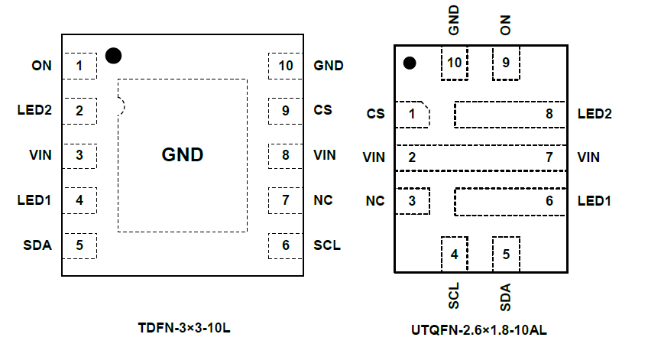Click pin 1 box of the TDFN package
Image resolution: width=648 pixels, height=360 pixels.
(79, 66)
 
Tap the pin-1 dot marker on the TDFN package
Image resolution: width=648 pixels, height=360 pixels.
(113, 55)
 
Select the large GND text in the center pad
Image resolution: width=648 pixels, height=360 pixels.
(183, 155)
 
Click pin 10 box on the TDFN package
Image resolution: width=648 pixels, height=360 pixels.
(286, 66)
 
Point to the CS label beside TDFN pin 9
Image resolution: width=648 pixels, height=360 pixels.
(322, 110)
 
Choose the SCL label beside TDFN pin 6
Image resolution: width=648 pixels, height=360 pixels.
(327, 245)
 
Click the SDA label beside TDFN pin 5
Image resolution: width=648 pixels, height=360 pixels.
(37, 245)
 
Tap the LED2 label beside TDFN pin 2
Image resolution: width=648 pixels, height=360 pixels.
(34, 110)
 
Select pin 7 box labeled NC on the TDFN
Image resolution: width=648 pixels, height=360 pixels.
(286, 200)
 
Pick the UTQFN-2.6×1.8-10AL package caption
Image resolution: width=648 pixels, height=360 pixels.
(480, 331)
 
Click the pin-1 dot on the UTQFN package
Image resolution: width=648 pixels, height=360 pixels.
(410, 63)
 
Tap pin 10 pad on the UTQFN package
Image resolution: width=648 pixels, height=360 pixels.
(454, 64)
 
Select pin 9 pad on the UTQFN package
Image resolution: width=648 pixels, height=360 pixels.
(505, 64)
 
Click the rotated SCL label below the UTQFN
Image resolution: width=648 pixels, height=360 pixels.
(454, 295)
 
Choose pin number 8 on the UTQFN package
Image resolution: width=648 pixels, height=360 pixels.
(549, 114)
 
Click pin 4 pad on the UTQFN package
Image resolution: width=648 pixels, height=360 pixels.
(454, 254)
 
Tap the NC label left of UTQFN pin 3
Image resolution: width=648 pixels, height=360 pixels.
(375, 202)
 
